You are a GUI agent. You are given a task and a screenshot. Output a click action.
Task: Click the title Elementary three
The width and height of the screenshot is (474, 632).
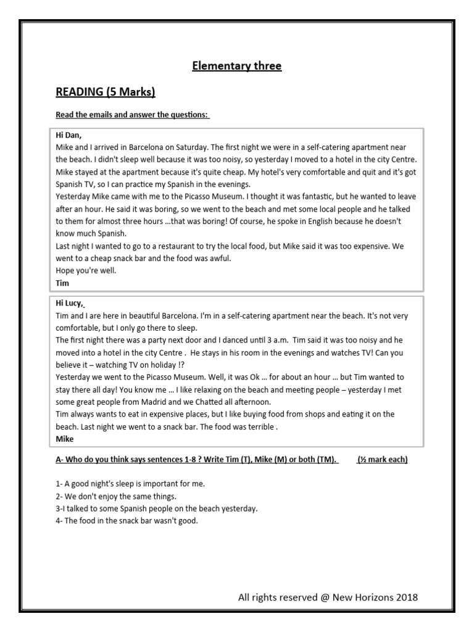(236, 66)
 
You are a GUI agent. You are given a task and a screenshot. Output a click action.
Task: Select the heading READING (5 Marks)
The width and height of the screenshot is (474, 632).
(105, 93)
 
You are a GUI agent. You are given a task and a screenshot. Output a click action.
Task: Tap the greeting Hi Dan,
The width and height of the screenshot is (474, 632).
(69, 135)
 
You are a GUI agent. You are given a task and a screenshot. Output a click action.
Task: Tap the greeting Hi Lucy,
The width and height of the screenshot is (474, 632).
(70, 303)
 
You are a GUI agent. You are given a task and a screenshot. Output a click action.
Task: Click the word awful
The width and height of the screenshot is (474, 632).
(218, 258)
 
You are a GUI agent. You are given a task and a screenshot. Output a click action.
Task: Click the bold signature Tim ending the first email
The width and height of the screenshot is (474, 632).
(63, 283)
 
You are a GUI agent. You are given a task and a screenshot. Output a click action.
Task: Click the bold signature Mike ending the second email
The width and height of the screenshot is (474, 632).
(64, 439)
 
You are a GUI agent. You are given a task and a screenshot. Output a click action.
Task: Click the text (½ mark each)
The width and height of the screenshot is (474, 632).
(382, 460)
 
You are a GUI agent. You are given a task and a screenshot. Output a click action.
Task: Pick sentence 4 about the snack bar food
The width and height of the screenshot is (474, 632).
(127, 520)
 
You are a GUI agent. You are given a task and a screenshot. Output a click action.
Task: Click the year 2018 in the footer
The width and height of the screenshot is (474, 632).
(405, 597)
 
